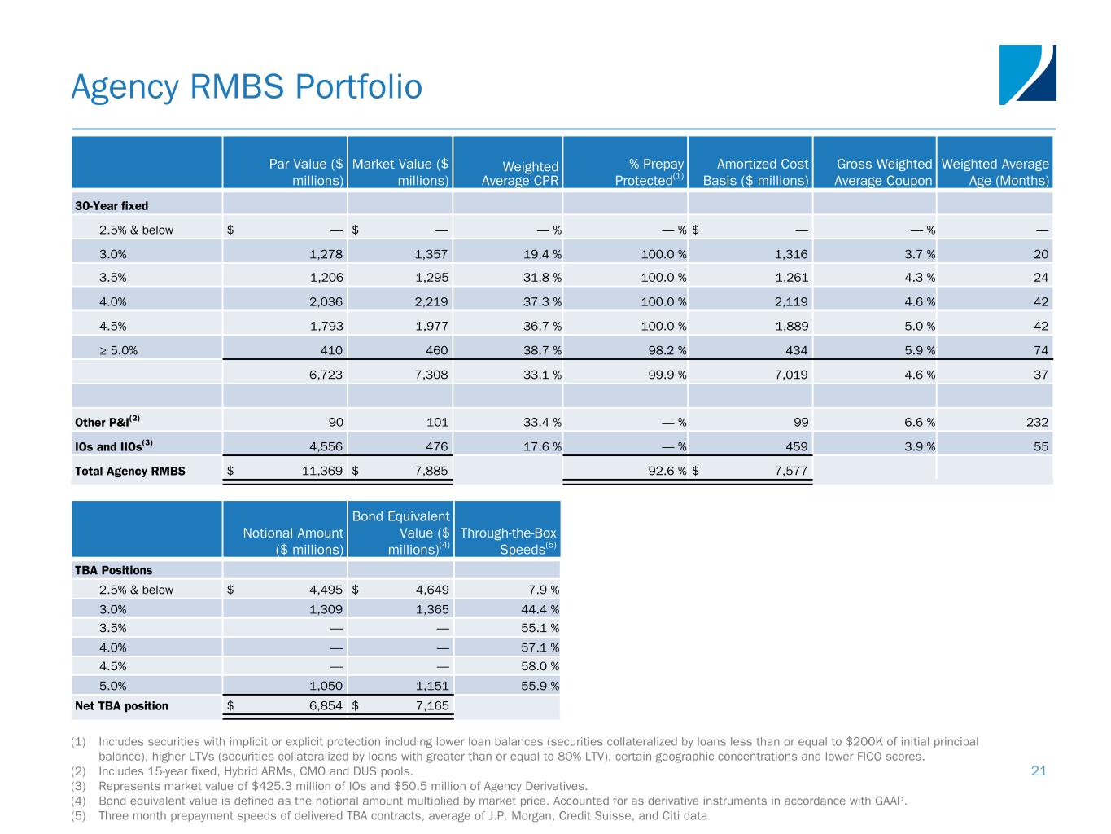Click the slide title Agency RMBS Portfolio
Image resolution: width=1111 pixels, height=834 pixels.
tap(247, 87)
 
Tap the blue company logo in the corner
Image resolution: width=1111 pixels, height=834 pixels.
tap(1027, 74)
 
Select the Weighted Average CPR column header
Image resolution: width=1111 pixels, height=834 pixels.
tap(520, 173)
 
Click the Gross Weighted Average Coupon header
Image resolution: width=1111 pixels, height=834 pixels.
tap(883, 173)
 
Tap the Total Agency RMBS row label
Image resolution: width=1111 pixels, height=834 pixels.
tap(129, 471)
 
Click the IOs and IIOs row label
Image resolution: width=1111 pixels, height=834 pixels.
tap(114, 446)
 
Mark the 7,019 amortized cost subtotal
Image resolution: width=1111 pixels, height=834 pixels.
tap(790, 375)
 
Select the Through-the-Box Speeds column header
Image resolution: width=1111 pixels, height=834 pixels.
tap(509, 541)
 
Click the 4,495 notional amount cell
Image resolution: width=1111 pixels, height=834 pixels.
tap(321, 590)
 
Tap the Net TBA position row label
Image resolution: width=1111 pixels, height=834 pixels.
tap(121, 705)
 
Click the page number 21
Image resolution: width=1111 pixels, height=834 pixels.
tap(1039, 770)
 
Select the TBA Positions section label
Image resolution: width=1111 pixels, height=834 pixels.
tap(113, 570)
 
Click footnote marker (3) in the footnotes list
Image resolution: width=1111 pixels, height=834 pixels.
tap(79, 786)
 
